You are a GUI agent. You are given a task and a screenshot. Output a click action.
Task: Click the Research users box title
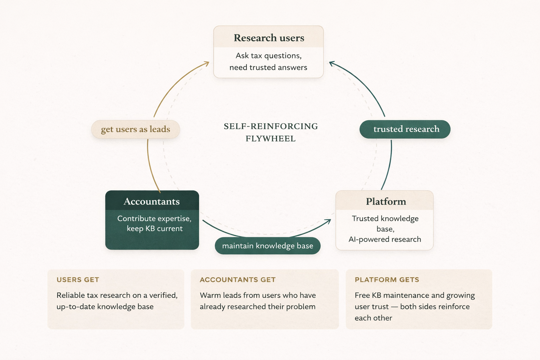[x=269, y=38]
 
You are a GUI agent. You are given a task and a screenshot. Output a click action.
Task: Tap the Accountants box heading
[x=152, y=201]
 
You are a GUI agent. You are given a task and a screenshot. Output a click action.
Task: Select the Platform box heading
[x=386, y=201]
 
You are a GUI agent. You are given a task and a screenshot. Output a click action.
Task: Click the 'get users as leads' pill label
[x=135, y=129]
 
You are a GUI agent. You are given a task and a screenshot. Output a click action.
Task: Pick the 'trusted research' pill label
[x=406, y=129]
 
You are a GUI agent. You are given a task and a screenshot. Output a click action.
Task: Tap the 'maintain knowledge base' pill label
[x=268, y=246]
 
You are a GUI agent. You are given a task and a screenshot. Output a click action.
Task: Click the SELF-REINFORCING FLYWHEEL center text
[x=271, y=132]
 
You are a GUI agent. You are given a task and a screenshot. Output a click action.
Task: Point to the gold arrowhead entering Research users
[x=207, y=64]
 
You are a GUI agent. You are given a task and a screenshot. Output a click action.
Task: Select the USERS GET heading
[x=78, y=280]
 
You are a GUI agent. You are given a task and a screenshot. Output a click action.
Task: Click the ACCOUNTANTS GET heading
[x=237, y=280]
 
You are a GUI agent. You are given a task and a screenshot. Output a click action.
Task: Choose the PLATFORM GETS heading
[x=387, y=280]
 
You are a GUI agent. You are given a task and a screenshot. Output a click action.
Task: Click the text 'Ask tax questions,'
[x=269, y=56]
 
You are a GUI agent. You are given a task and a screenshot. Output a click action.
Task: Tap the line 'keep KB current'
[x=155, y=229]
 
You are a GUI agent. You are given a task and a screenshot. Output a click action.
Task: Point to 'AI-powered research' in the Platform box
[x=385, y=239]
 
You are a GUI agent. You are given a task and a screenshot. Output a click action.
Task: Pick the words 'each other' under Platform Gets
[x=373, y=318]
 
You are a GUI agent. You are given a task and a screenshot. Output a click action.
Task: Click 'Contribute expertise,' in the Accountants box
[x=154, y=218]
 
